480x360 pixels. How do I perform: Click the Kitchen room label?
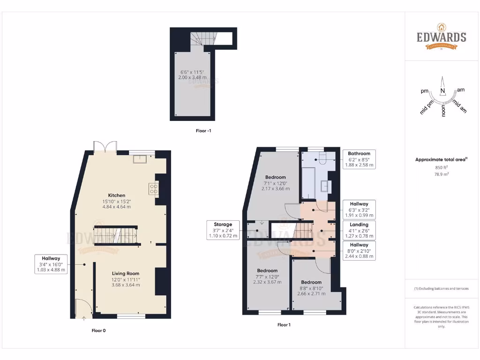116,195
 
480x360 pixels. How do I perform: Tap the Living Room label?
125,273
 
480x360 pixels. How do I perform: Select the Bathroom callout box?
359,159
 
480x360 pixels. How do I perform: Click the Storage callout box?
223,230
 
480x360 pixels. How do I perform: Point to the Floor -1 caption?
203,131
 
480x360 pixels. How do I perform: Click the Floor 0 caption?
98,330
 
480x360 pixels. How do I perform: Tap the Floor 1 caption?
284,325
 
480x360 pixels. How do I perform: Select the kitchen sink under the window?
139,159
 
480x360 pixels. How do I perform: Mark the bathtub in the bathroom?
308,183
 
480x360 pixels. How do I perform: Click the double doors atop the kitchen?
105,147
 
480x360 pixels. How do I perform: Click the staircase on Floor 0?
115,235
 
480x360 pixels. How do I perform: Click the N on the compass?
442,91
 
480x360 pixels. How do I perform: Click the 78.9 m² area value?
441,174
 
